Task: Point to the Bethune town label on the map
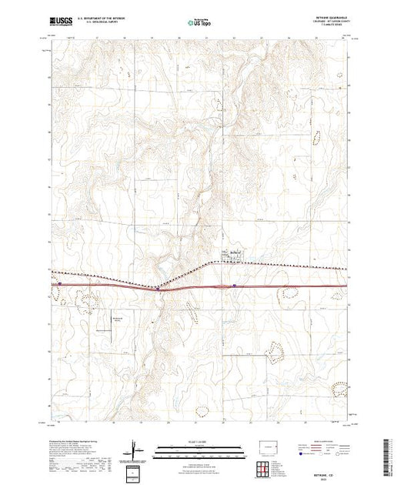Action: tap(235, 252)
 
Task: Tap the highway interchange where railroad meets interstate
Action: tap(159, 289)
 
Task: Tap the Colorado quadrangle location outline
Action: tap(267, 447)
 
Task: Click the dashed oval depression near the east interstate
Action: tap(291, 292)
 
